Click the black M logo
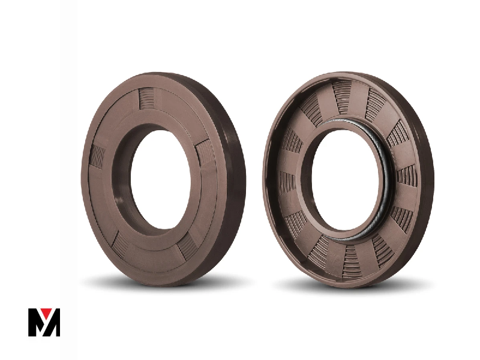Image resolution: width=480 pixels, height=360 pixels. coord(44,322)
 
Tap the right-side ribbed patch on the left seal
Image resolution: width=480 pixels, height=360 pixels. coord(204,154)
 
